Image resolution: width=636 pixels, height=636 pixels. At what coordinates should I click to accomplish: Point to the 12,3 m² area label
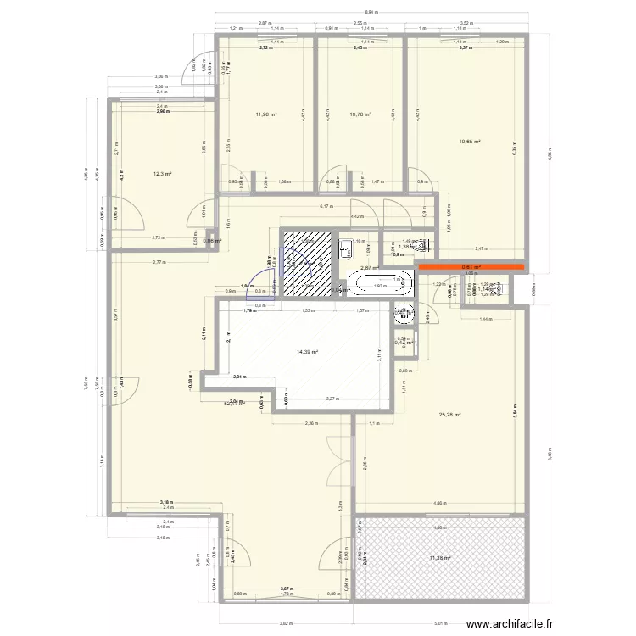tap(162, 174)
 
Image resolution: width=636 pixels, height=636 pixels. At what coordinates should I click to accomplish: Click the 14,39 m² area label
tap(307, 351)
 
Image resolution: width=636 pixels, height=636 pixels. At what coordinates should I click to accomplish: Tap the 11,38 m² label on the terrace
tap(439, 557)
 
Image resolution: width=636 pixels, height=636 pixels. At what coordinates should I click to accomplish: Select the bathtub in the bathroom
tap(379, 282)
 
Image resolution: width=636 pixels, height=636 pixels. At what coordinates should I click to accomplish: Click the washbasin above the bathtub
tap(344, 248)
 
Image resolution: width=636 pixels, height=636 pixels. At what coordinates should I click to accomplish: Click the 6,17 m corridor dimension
tap(324, 206)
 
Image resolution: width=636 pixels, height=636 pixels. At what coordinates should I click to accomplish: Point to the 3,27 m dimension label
tap(332, 398)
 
